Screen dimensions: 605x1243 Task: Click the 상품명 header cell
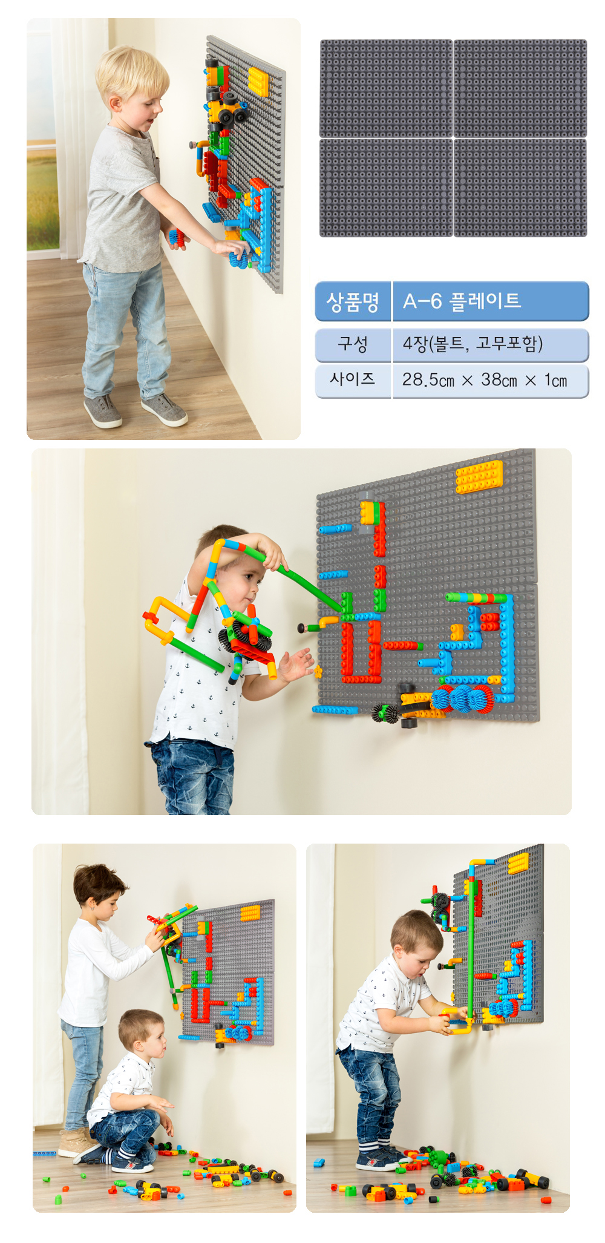click(353, 301)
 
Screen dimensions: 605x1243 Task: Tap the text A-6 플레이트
click(462, 301)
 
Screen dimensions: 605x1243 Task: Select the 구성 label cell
click(353, 344)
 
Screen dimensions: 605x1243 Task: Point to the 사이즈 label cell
click(353, 380)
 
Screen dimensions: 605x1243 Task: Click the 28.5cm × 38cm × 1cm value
click(485, 380)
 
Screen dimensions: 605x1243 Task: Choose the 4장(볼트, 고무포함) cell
click(473, 344)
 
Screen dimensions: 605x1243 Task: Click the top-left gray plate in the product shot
click(386, 88)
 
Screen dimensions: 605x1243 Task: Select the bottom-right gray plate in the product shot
click(520, 188)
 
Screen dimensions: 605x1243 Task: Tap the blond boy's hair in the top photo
click(132, 71)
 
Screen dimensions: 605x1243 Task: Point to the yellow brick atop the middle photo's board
click(479, 476)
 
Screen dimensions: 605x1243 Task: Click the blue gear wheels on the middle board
click(462, 699)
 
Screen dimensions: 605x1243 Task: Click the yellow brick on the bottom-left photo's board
click(250, 913)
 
